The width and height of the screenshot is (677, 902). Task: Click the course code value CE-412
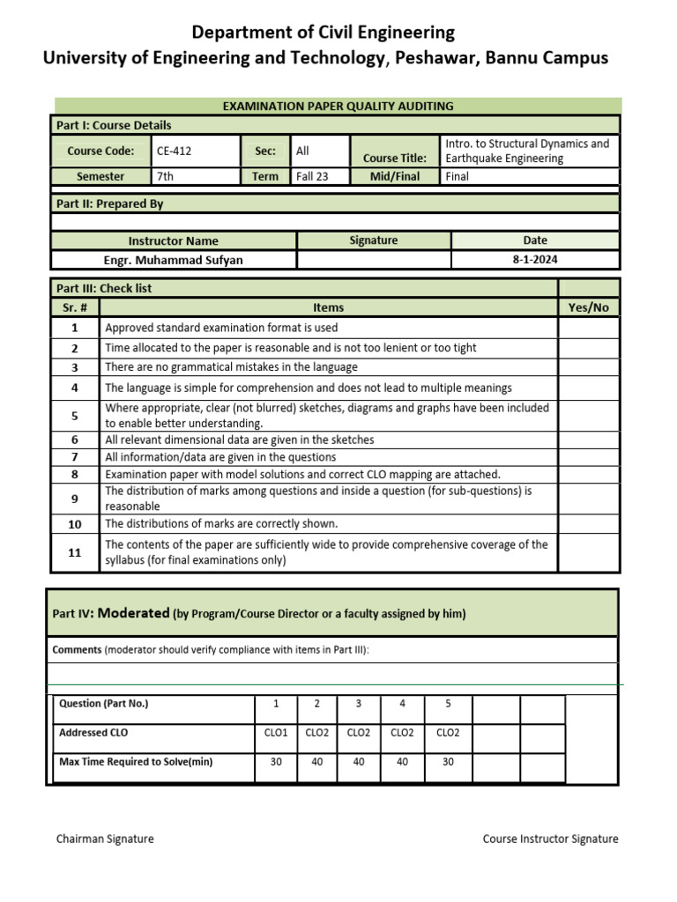point(174,151)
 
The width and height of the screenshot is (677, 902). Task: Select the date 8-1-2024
point(534,260)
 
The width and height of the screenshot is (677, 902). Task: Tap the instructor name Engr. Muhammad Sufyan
point(174,260)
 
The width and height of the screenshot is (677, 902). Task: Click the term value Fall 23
point(312,176)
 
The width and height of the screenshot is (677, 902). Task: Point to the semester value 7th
point(165,176)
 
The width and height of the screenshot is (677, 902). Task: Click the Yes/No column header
point(589,307)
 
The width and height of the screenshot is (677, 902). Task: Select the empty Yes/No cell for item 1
point(589,328)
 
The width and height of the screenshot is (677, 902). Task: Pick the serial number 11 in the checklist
point(75,552)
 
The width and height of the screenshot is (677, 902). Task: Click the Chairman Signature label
point(105,839)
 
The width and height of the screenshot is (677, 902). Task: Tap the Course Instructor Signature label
point(550,839)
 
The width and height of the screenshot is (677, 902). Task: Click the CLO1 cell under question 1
point(276,732)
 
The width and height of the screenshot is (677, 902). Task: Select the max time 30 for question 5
point(448,762)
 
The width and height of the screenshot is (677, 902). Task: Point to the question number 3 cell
point(358,703)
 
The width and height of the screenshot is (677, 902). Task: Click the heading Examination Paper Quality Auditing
point(338,106)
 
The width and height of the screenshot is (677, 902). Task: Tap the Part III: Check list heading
point(104,288)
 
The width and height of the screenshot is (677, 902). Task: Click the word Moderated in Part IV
point(133,613)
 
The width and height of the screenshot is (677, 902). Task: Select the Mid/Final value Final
point(458,176)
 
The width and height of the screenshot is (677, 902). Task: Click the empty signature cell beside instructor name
point(374,260)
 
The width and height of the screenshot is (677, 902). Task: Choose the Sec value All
point(303,151)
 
